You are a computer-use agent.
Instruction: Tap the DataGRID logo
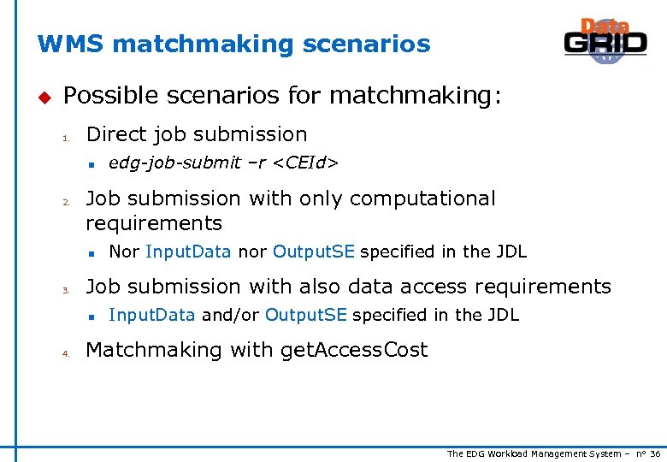pyautogui.click(x=605, y=40)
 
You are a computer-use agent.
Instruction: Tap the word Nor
pyautogui.click(x=125, y=252)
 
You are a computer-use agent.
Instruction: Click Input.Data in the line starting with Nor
pyautogui.click(x=188, y=252)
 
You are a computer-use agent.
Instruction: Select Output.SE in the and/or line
pyautogui.click(x=305, y=315)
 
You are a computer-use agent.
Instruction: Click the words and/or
pyautogui.click(x=230, y=315)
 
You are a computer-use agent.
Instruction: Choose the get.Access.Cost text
pyautogui.click(x=352, y=350)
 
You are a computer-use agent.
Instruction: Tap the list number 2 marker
pyautogui.click(x=64, y=203)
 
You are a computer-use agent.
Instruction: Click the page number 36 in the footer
pyautogui.click(x=655, y=453)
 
